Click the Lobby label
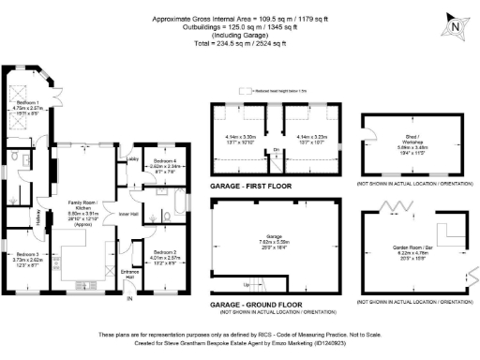tap(129, 160)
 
